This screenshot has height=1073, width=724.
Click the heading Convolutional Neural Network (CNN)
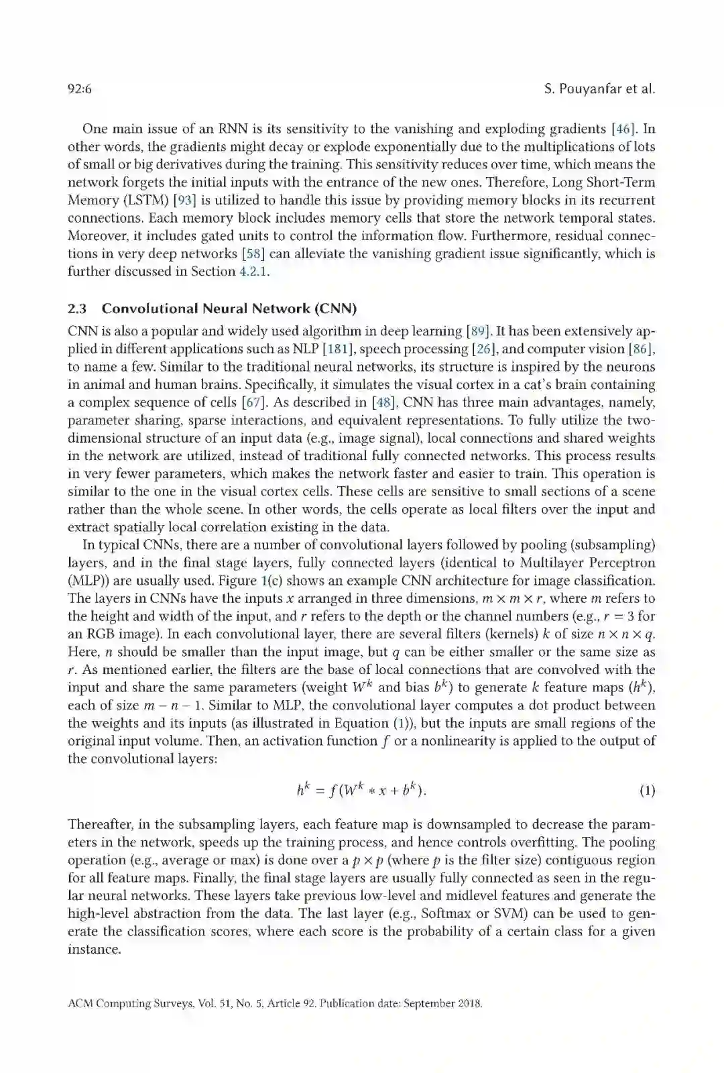pyautogui.click(x=229, y=308)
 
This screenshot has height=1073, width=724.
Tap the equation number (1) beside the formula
pyautogui.click(x=647, y=791)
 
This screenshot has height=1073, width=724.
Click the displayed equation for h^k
pyautogui.click(x=361, y=790)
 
